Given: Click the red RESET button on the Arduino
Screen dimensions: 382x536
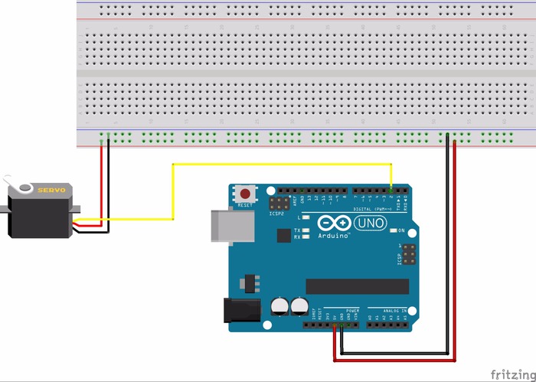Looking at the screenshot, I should pyautogui.click(x=245, y=194).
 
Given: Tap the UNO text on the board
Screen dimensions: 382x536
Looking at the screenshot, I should pyautogui.click(x=371, y=223).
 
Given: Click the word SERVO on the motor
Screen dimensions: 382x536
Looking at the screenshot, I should pyautogui.click(x=53, y=188).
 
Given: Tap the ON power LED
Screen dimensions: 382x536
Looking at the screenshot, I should pyautogui.click(x=392, y=230).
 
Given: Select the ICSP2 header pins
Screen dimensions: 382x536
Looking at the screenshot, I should pyautogui.click(x=279, y=202).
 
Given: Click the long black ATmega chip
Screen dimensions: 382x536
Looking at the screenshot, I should pyautogui.click(x=352, y=286).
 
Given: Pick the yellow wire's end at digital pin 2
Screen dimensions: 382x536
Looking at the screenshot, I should pyautogui.click(x=391, y=190).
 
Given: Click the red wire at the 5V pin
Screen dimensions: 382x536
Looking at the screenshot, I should pyautogui.click(x=334, y=325).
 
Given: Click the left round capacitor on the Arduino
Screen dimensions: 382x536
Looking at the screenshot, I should pyautogui.click(x=279, y=306).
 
